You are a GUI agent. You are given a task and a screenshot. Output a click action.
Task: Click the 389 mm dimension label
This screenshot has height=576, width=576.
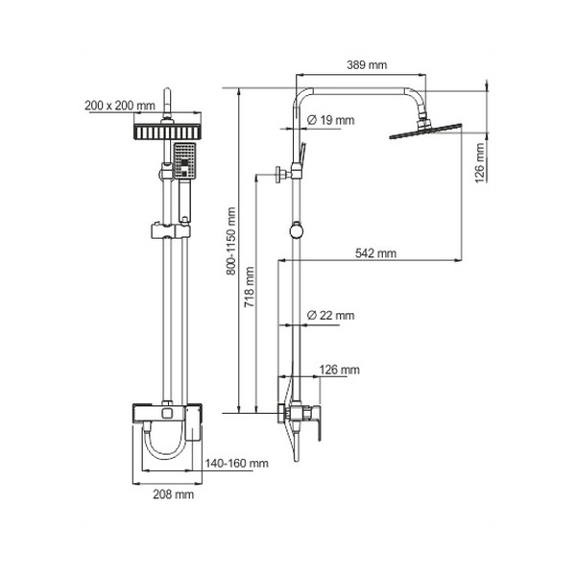pos(367,65)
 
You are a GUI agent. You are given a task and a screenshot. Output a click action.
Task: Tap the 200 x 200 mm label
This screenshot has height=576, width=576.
pos(120,106)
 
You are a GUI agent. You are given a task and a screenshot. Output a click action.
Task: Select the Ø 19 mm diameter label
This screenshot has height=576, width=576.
pos(330,120)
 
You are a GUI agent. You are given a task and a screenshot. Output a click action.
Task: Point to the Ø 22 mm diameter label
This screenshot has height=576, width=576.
pos(330,315)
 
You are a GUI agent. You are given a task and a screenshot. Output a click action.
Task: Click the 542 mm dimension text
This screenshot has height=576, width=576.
pos(375,253)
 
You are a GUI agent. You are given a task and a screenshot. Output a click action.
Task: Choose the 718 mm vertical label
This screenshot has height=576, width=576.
pos(250,287)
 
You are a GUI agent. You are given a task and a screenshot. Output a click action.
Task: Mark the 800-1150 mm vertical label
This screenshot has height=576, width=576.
pos(230,241)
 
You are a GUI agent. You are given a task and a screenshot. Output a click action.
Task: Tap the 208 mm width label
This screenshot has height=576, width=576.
pos(174,494)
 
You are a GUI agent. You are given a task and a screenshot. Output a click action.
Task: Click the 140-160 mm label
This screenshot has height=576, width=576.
pos(236,464)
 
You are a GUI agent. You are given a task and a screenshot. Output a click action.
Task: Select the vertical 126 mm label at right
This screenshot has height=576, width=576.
pos(479,163)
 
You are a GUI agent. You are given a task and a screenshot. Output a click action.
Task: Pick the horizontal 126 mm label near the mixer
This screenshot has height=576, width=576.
pos(340,370)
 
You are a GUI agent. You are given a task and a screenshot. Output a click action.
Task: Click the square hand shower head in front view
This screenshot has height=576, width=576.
pos(184,160)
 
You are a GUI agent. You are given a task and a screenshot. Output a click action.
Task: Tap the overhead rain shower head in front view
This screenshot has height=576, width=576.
pos(167,132)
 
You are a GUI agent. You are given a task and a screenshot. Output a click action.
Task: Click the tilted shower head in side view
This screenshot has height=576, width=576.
pos(425,132)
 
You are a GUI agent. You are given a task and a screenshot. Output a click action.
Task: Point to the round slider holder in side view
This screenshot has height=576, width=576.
pos(296,231)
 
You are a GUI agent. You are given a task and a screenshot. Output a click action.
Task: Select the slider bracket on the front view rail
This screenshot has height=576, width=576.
pos(171,231)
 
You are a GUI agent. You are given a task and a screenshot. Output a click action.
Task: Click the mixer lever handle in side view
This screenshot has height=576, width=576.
pos(316,423)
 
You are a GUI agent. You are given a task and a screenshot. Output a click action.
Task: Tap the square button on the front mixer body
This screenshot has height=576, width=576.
pos(167,414)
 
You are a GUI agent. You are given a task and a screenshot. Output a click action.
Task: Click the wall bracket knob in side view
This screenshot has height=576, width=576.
pos(281,174)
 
